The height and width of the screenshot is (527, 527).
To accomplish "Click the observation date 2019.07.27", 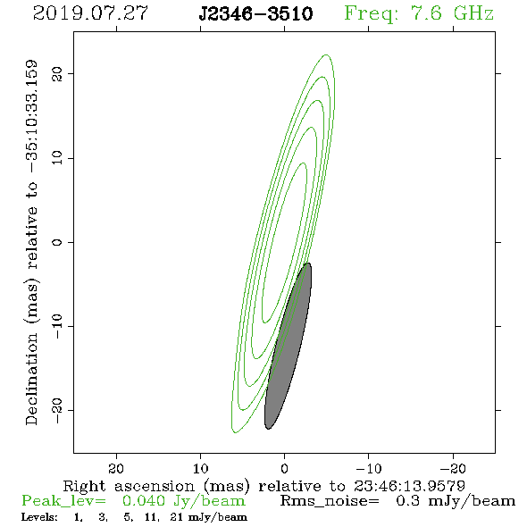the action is click(90, 13).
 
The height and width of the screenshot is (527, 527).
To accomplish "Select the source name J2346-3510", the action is click(255, 13).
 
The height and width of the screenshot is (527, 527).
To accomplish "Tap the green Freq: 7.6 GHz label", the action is click(419, 13).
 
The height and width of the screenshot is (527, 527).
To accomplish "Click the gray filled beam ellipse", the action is click(288, 347).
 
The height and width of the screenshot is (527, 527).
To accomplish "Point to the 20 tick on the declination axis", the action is click(57, 73).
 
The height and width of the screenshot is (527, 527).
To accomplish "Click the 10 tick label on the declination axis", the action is click(57, 157).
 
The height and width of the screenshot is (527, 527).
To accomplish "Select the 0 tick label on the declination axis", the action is click(57, 242).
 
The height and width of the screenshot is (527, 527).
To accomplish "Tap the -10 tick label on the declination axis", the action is click(57, 326).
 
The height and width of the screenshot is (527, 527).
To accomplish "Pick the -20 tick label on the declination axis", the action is click(57, 410).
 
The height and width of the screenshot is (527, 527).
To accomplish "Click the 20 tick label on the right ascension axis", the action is click(116, 468).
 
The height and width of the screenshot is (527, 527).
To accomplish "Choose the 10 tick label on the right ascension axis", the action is click(200, 468).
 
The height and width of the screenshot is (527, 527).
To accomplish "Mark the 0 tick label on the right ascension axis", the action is click(285, 468).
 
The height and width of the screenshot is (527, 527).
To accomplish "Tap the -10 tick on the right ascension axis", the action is click(369, 468).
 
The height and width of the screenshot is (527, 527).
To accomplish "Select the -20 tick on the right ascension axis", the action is click(453, 468).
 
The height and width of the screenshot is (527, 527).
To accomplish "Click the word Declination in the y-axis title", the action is click(31, 379).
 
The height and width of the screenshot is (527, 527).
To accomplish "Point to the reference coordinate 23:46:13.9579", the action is click(409, 486).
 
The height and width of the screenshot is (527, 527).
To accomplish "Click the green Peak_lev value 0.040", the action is click(144, 501).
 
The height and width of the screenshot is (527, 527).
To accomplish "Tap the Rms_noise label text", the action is click(330, 501).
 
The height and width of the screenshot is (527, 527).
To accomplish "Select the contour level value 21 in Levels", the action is click(177, 517).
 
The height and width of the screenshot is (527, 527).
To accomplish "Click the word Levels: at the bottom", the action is click(39, 517).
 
